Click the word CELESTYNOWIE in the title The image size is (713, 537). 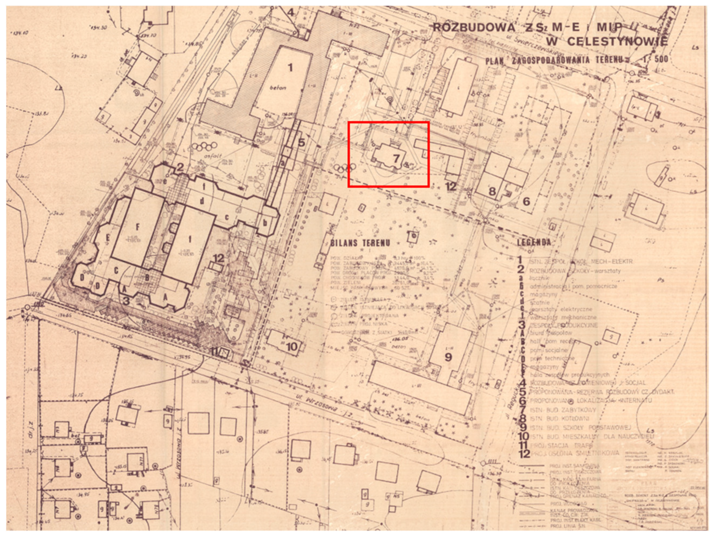click(x=617, y=42)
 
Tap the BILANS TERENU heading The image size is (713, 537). click(x=360, y=243)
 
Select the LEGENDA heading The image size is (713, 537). click(x=534, y=242)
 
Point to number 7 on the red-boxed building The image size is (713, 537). click(x=396, y=158)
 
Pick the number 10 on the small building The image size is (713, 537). click(x=292, y=347)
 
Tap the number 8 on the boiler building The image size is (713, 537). click(x=492, y=191)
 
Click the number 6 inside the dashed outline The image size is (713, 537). click(x=526, y=202)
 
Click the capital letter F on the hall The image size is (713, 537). click(x=138, y=227)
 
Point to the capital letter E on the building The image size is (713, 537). click(x=108, y=238)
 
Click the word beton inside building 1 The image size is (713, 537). click(x=278, y=88)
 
